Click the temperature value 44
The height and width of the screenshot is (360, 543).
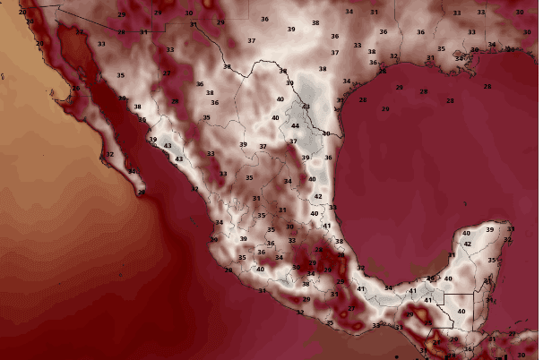[x=295, y=126]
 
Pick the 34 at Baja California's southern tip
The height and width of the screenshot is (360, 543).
[x=132, y=171]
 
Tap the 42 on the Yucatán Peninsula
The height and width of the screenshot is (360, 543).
[x=467, y=244]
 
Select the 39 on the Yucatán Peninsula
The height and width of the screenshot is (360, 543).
[x=488, y=229]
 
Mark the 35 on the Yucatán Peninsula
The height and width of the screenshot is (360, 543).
[x=491, y=260]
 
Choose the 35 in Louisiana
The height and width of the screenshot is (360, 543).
[x=440, y=48]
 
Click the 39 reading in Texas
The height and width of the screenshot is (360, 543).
[x=291, y=30]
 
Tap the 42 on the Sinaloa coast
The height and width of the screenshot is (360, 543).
[x=194, y=189]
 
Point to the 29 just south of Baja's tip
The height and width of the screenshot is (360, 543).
[x=140, y=192]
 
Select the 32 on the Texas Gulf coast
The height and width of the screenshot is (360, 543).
[x=393, y=56]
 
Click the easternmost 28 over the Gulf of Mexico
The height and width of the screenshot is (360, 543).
[x=487, y=86]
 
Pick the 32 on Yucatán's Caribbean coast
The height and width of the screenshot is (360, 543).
[x=508, y=239]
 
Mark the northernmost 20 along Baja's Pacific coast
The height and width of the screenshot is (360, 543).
[x=22, y=12]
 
